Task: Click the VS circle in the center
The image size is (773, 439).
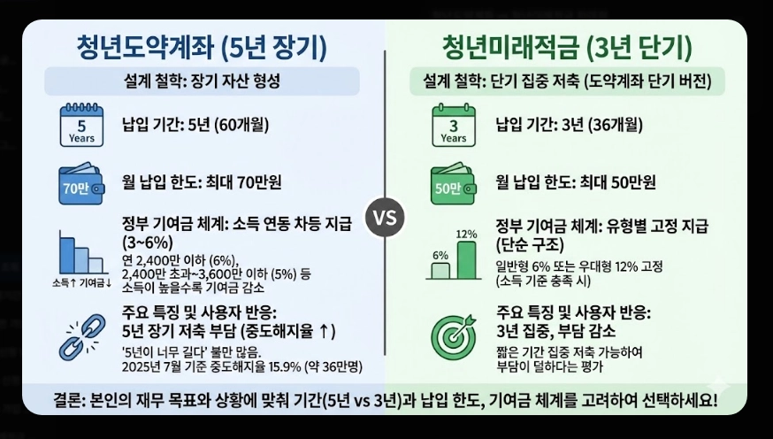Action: tap(386, 217)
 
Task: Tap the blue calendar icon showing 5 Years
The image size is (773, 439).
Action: tap(81, 125)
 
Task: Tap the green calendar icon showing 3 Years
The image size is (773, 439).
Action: tap(453, 125)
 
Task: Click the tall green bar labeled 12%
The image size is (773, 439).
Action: tap(466, 258)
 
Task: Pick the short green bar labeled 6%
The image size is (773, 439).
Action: tap(440, 268)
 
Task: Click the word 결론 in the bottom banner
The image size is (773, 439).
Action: tap(66, 400)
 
